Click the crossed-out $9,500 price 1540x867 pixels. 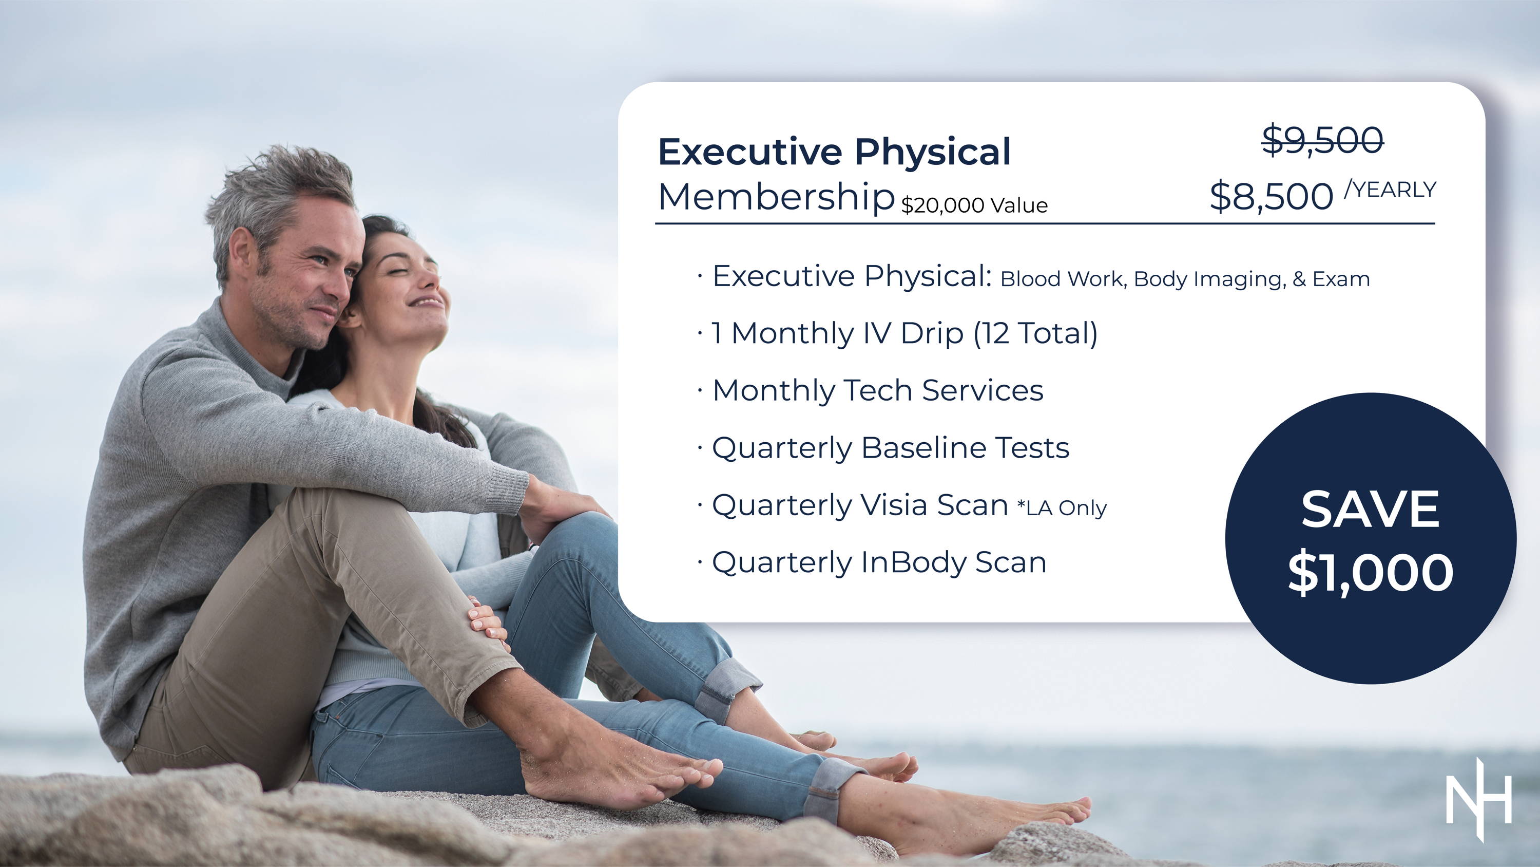1322,141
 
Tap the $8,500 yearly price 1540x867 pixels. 1272,196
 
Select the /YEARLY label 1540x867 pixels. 1390,189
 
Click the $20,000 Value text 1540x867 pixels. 974,205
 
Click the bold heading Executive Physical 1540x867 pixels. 835,152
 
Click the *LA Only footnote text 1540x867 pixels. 1062,508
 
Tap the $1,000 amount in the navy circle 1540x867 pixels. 1370,573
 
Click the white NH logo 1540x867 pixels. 1479,799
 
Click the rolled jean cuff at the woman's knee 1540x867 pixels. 726,688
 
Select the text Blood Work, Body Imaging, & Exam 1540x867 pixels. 1185,279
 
